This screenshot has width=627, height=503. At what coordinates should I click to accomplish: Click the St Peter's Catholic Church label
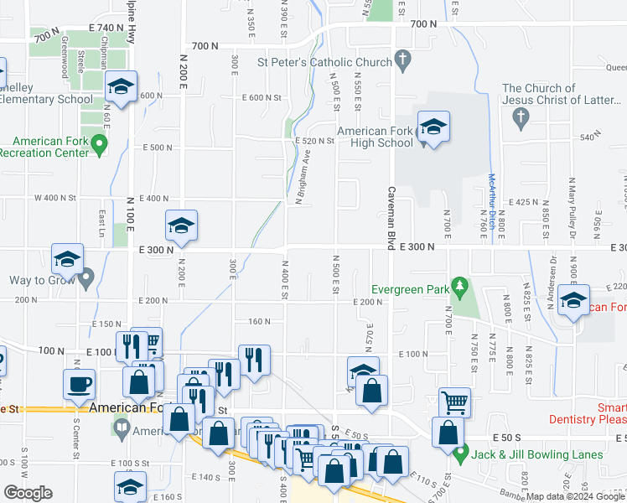point(324,62)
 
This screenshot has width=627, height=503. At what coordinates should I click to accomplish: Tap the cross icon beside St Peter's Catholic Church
point(403,61)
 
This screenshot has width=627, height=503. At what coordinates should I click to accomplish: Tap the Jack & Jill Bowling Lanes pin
point(459,455)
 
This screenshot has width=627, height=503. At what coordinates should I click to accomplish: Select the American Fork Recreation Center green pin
point(100,146)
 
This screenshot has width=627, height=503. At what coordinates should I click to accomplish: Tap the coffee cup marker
point(80,384)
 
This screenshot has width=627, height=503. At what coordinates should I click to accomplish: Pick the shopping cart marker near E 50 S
point(454,402)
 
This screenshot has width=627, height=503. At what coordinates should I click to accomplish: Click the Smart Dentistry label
point(587,413)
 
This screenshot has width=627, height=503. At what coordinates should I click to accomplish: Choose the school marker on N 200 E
point(180,226)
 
